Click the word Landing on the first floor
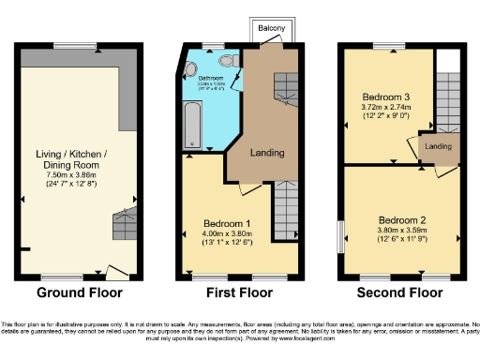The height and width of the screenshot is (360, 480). tap(266, 152)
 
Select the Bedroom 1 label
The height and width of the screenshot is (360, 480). tap(224, 224)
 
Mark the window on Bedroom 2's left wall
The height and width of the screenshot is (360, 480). tap(341, 236)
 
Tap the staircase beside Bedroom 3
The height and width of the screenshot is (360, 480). tap(449, 103)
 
